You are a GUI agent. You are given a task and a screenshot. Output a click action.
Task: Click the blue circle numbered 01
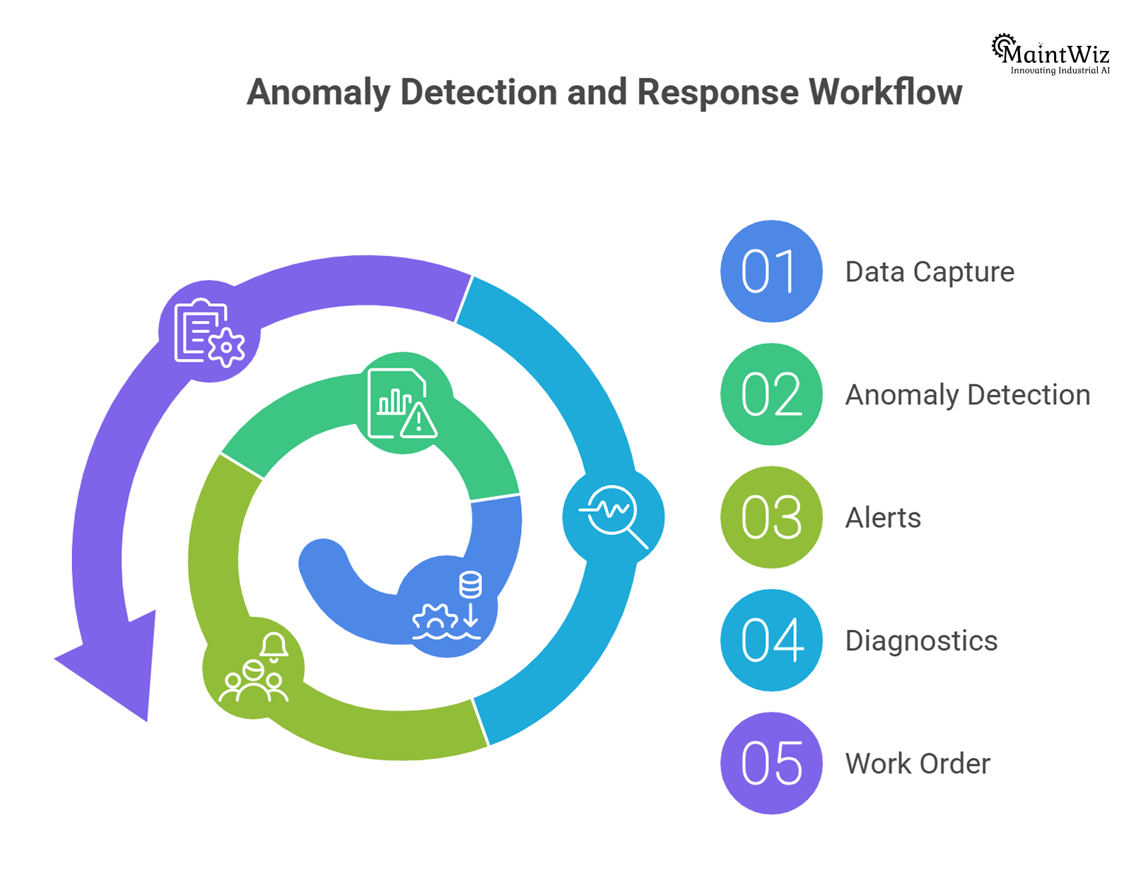click(x=771, y=271)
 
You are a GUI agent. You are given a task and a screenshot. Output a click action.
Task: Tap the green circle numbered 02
click(x=771, y=394)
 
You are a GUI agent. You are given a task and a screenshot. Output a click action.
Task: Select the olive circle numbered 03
click(x=771, y=517)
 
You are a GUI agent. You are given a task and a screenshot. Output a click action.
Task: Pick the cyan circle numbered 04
click(x=771, y=640)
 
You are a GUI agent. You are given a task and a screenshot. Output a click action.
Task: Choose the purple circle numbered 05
click(x=771, y=763)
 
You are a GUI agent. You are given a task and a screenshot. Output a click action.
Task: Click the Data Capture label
click(x=930, y=272)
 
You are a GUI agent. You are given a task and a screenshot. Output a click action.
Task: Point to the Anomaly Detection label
click(x=968, y=395)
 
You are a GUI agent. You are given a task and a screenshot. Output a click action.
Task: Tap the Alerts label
click(x=883, y=518)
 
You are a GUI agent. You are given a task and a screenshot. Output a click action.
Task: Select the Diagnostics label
click(x=921, y=641)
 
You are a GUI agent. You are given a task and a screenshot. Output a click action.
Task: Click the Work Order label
click(x=918, y=764)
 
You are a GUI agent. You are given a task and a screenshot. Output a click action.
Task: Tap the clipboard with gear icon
click(x=209, y=332)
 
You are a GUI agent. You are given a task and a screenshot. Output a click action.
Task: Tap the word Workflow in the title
click(x=885, y=93)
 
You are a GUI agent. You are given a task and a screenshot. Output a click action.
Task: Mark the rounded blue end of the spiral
click(x=322, y=562)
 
